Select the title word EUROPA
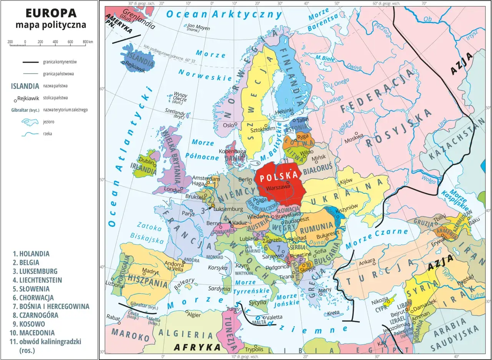point(51,13)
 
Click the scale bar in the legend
point(51,45)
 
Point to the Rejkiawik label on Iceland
point(136,70)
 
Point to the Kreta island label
point(333,313)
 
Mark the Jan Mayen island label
point(198,27)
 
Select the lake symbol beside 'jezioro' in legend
point(29,122)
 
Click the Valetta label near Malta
point(274,317)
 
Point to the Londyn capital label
point(172,190)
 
